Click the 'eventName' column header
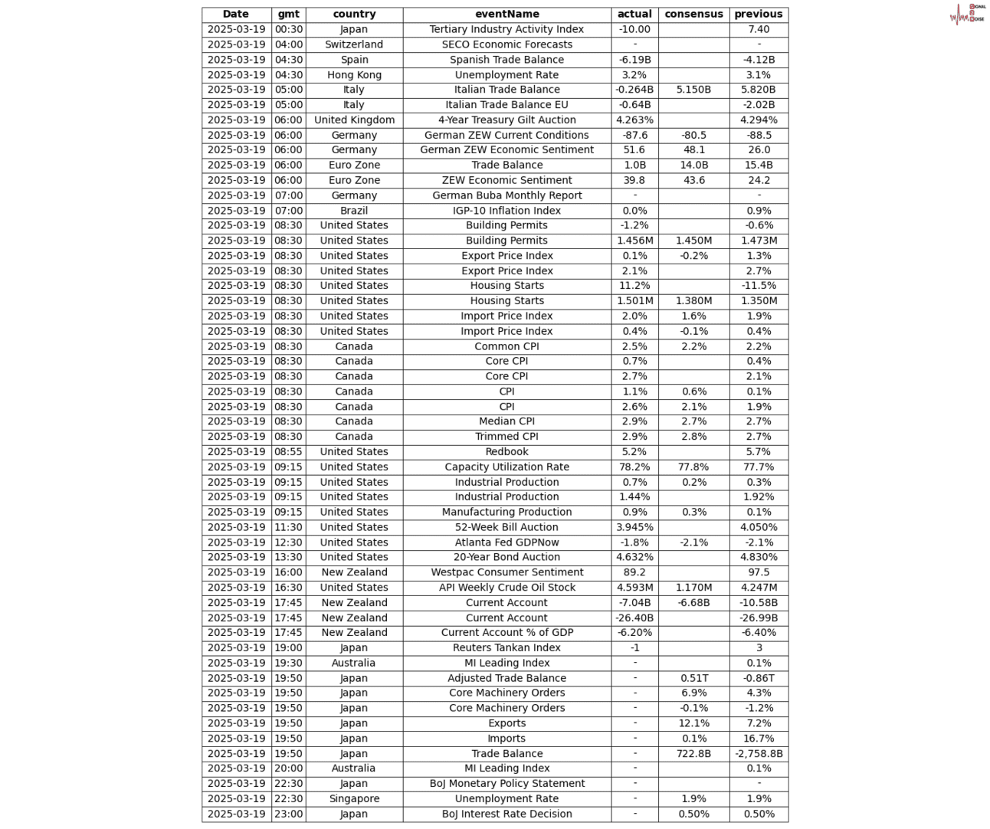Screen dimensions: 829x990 (506, 14)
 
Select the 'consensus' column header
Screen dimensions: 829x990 (693, 14)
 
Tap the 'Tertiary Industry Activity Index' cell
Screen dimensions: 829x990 (506, 29)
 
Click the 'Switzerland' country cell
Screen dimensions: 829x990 (354, 44)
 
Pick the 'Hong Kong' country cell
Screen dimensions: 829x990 (354, 74)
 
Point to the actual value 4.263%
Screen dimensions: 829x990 (634, 120)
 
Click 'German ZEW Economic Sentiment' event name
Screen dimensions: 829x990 (506, 149)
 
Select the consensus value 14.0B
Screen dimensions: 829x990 (693, 165)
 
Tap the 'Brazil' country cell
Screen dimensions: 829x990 (354, 210)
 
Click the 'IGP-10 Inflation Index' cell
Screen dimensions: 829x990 (506, 210)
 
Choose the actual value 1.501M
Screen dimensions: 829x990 (634, 300)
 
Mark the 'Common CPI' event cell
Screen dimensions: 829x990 (506, 346)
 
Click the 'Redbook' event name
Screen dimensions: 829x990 (506, 451)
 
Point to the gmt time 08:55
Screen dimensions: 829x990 (289, 451)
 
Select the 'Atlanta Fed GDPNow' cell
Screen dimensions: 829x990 (506, 542)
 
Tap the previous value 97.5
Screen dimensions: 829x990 (759, 572)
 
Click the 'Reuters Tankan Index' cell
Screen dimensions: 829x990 (506, 647)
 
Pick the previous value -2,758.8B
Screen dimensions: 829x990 (759, 753)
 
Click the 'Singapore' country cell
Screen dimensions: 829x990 (354, 798)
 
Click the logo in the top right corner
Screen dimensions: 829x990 (967, 14)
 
